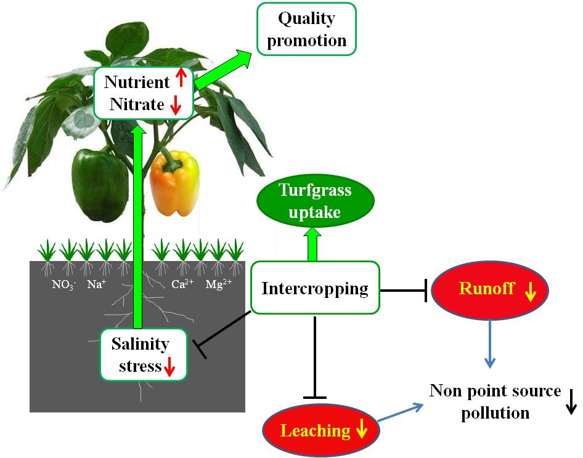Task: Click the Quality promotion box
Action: (306, 29)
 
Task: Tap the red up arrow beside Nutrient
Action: (181, 78)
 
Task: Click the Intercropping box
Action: (315, 288)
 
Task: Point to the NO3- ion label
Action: (64, 285)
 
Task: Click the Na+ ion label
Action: (95, 285)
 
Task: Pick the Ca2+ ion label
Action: (182, 285)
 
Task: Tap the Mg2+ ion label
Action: (218, 285)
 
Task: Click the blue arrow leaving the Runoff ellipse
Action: (489, 345)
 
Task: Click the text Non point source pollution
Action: (495, 401)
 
